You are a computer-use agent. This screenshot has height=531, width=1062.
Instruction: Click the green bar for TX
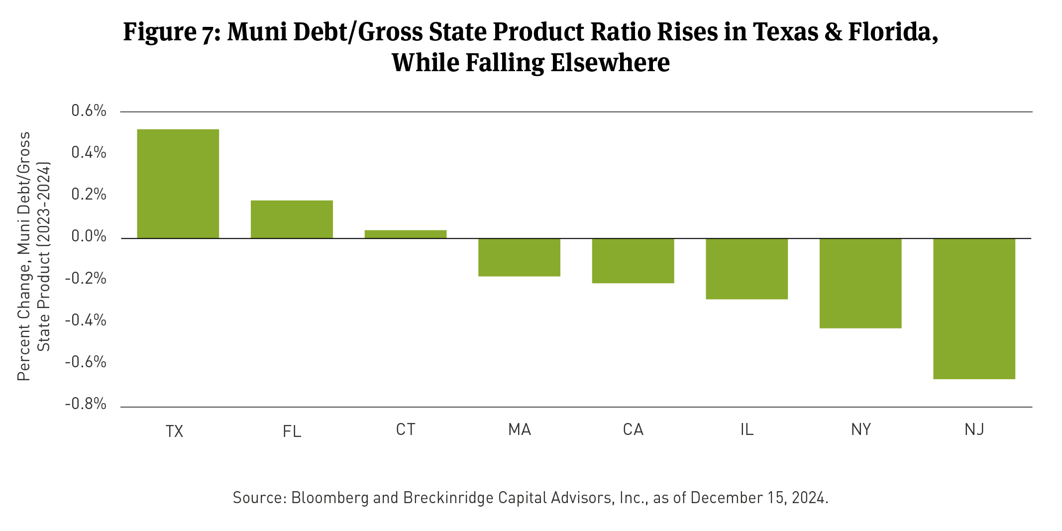(x=178, y=184)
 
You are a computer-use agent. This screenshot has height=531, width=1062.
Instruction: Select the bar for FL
(x=292, y=219)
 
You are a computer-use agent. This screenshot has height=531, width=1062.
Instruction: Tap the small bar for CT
(x=405, y=234)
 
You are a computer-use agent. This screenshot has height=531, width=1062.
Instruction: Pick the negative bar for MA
(x=519, y=257)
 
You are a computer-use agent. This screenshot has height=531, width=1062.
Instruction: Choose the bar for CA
(x=633, y=261)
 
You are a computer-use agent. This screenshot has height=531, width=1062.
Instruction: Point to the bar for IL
(x=746, y=269)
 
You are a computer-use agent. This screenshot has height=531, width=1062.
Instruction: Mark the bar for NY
(x=860, y=283)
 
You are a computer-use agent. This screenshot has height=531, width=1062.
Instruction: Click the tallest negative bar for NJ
(x=974, y=309)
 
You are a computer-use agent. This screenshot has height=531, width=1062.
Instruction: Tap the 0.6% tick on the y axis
(x=89, y=111)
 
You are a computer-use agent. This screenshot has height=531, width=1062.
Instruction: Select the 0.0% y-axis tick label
(x=89, y=236)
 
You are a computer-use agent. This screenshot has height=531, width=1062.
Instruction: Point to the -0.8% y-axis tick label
(x=86, y=404)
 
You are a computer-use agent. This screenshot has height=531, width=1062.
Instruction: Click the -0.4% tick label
(x=86, y=320)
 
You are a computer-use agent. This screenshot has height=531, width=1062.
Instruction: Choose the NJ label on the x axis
(x=974, y=429)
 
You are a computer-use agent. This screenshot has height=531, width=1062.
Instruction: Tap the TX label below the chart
(x=174, y=431)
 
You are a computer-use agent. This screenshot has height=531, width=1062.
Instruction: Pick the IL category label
(x=746, y=429)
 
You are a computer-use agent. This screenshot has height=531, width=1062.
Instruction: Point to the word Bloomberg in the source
(x=329, y=498)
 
